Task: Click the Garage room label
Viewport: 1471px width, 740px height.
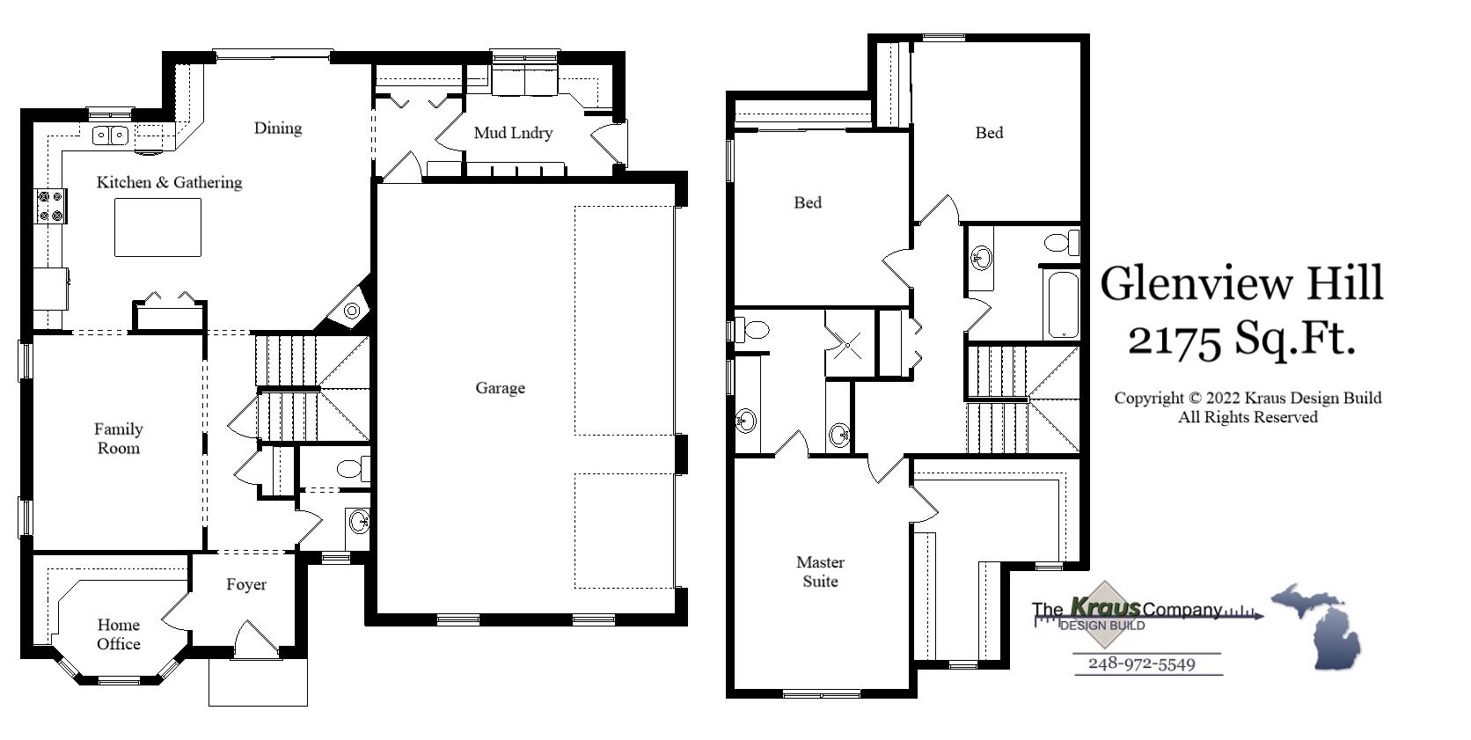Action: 500,388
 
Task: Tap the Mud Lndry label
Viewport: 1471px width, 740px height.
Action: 513,133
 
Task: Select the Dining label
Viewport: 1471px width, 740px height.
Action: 278,128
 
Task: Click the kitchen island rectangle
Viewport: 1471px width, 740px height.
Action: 157,227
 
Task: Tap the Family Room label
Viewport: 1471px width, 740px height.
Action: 118,438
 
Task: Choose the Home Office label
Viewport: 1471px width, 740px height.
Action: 119,634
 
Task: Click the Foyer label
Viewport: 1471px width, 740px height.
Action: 246,584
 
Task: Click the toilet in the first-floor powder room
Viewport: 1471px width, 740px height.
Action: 353,468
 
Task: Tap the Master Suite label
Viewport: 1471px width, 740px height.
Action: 820,571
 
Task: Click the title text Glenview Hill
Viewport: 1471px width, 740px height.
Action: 1241,283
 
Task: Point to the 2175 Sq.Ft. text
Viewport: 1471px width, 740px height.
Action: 1241,338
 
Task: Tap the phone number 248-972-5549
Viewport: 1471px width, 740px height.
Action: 1142,663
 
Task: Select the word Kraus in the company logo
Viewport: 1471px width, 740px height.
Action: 1105,607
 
